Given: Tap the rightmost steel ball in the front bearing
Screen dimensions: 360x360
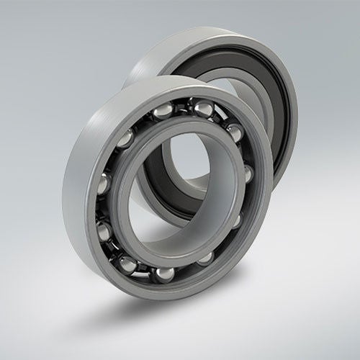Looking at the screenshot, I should [247, 173].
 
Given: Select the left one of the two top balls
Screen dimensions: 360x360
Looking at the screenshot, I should [163, 109].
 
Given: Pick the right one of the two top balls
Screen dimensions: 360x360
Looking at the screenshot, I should [202, 109].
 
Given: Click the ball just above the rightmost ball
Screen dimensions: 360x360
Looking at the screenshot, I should [234, 132].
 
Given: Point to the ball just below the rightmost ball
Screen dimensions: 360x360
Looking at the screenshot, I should [237, 218].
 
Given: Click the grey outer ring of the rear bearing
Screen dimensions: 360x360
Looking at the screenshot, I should [216, 43].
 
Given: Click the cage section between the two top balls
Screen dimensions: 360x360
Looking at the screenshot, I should [183, 106].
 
